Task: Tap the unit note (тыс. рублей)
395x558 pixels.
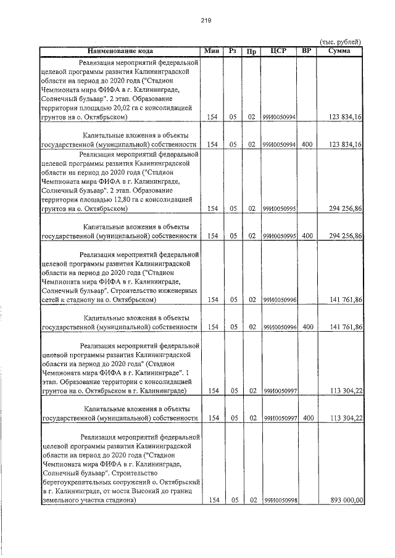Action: pyautogui.click(x=340, y=41)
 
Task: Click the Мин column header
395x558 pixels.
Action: pyautogui.click(x=212, y=51)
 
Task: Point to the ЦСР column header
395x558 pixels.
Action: pyautogui.click(x=280, y=51)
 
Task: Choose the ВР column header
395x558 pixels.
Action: pyautogui.click(x=307, y=51)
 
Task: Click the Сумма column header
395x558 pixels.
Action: pyautogui.click(x=339, y=51)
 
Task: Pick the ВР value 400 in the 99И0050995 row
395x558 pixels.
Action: pyautogui.click(x=307, y=236)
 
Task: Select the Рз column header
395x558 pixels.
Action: pyautogui.click(x=233, y=51)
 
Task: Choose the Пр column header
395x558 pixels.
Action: pyautogui.click(x=251, y=51)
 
